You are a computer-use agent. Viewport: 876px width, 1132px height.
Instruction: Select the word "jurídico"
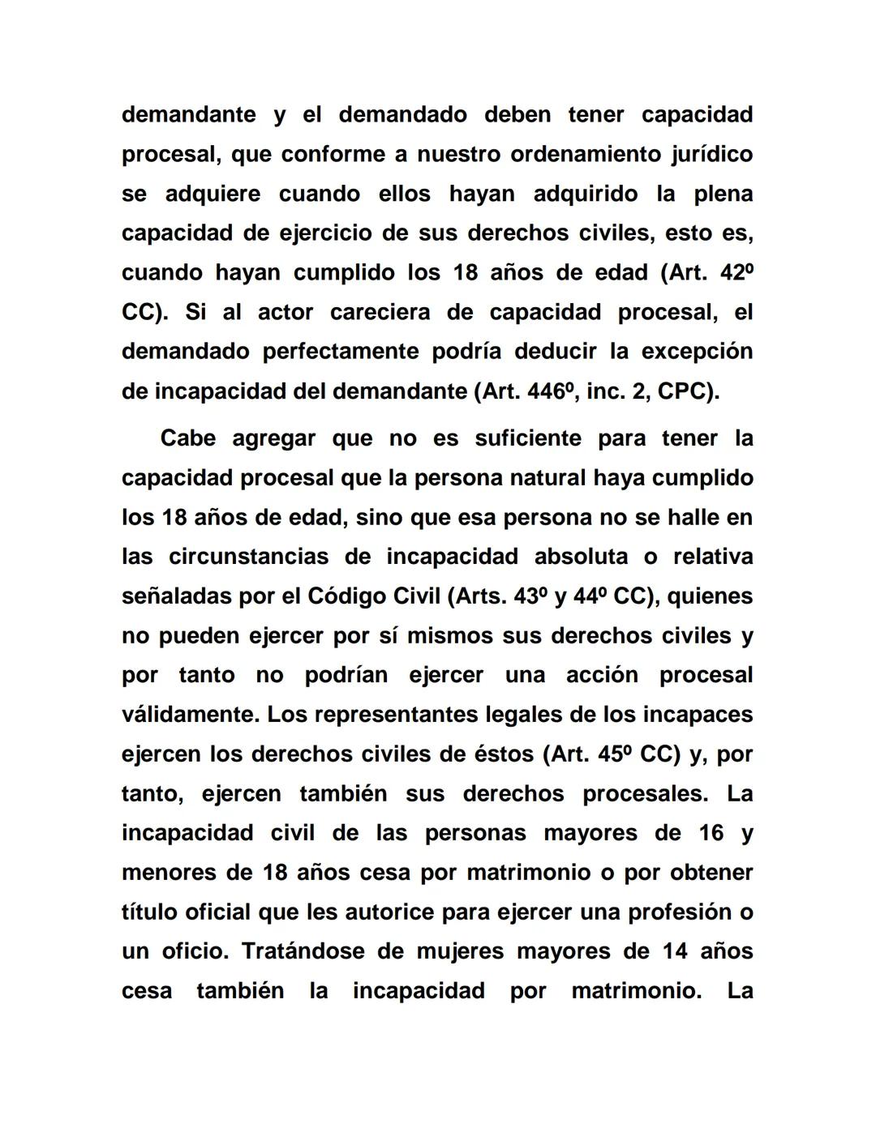tap(711, 154)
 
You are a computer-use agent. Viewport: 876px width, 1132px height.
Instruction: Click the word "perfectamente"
tap(337, 352)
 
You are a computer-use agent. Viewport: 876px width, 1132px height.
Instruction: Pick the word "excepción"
tap(697, 352)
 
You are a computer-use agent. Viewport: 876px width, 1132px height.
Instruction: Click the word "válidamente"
tap(191, 715)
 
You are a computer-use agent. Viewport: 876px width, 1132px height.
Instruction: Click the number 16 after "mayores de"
tap(711, 833)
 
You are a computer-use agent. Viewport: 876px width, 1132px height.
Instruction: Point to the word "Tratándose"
tap(302, 951)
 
